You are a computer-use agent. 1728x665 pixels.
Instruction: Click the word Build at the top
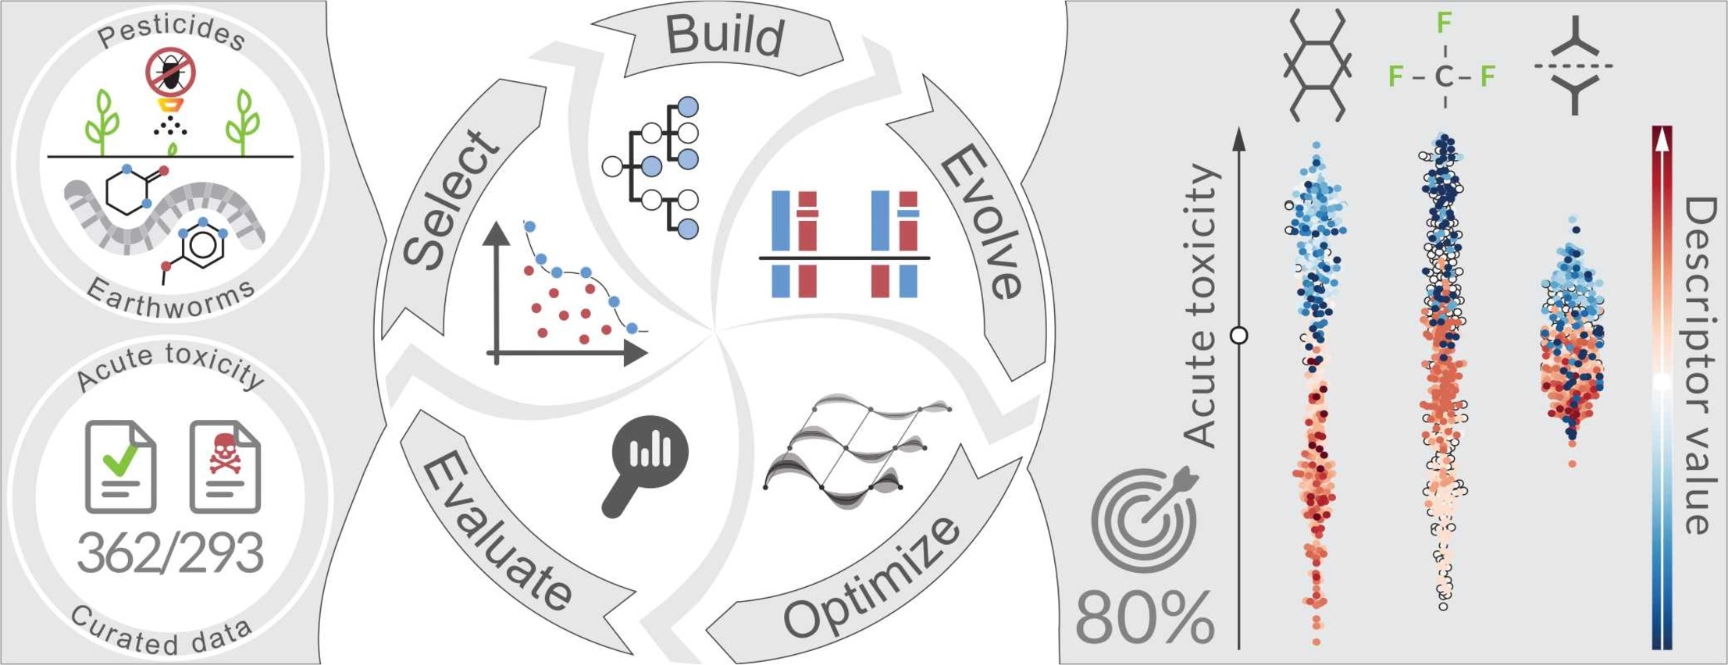(725, 36)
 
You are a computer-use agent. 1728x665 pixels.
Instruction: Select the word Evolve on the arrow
(980, 222)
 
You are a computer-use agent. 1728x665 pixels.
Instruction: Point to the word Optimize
(871, 574)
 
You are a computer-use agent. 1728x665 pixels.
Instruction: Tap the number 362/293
(170, 553)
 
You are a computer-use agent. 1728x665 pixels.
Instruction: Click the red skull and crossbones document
(225, 467)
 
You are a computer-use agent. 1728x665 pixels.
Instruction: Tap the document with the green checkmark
(120, 467)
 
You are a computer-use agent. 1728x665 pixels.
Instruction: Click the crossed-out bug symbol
(170, 71)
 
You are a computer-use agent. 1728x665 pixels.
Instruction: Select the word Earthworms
(170, 300)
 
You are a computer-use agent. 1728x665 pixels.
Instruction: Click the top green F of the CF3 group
(1445, 23)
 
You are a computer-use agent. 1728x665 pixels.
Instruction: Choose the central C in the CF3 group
(1444, 76)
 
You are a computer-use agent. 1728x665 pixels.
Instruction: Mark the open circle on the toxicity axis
(1238, 336)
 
